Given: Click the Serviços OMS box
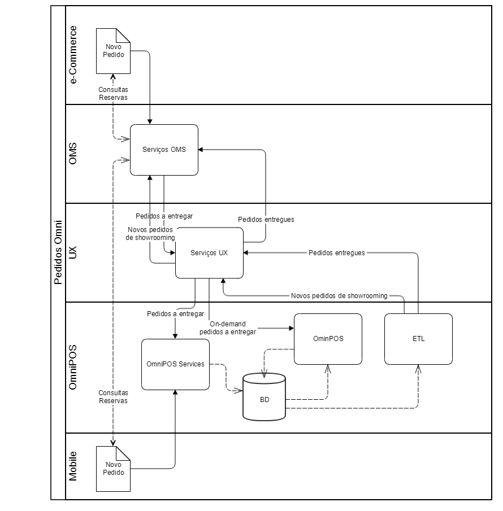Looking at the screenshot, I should coord(164,150).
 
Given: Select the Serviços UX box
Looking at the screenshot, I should coord(209,253).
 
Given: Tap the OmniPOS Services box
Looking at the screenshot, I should coord(175,364).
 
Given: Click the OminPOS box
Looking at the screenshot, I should coord(328,339).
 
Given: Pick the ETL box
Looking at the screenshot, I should coord(418,339).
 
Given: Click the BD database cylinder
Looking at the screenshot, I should coord(264,398).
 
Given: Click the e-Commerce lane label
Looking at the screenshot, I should coord(73,55).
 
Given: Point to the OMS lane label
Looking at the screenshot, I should coord(73,154).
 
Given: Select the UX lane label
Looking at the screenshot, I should coord(73,252).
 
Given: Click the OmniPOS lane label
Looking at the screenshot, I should coord(73,368).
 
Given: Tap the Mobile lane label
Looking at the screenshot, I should coord(73,466).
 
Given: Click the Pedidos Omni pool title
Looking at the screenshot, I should coord(58,252).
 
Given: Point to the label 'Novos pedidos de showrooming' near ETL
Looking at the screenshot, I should coord(339,295).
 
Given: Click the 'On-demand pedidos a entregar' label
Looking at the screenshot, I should coord(227,328).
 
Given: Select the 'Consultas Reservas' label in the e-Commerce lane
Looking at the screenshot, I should coord(113,93).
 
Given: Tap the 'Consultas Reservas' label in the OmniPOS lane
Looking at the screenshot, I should coord(113,396).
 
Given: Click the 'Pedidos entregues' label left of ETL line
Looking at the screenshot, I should coord(336,253).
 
